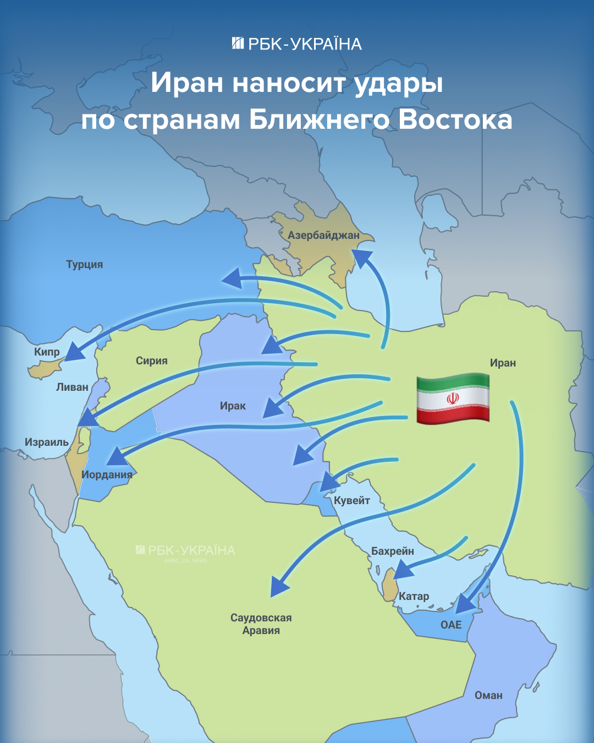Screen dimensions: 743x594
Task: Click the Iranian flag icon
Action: [453, 398]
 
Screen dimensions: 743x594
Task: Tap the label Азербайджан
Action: [323, 236]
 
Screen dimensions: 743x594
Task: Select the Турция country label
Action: [85, 265]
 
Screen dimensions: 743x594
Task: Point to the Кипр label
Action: [47, 352]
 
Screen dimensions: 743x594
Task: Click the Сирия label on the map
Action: [152, 361]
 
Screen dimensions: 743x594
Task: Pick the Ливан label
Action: [72, 387]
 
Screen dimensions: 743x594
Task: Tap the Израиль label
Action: [47, 442]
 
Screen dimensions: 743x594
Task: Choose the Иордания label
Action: [107, 475]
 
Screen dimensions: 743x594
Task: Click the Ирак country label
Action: [233, 406]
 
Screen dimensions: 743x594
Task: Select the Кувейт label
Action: [352, 501]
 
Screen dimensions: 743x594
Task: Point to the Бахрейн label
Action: [393, 551]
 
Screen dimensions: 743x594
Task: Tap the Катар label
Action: [414, 597]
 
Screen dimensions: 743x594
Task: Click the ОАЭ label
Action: [451, 625]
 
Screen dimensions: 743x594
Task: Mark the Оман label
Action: [488, 696]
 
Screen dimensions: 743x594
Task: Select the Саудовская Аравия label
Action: [261, 624]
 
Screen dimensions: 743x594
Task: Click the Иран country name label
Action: [503, 363]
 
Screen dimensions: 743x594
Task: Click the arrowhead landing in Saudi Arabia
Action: [279, 587]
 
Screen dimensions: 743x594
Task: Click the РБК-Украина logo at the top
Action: [297, 44]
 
